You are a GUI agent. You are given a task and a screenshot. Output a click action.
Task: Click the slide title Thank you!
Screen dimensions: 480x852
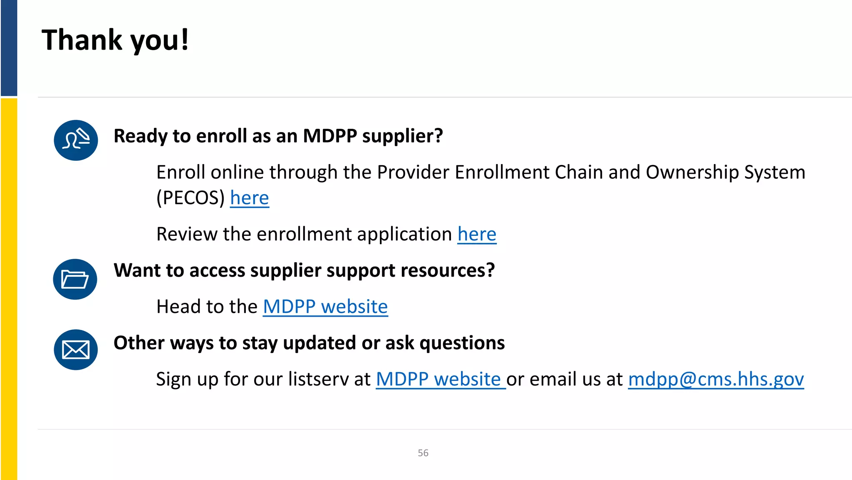(115, 40)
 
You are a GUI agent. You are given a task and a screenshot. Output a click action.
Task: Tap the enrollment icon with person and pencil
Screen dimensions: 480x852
(76, 140)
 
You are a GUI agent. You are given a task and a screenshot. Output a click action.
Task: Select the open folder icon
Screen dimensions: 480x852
(75, 279)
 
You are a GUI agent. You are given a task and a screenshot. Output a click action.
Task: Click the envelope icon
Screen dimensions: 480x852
(76, 350)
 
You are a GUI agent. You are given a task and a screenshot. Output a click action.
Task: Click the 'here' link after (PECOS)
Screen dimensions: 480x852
(250, 198)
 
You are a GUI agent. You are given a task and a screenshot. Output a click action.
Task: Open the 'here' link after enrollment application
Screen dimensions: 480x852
(477, 234)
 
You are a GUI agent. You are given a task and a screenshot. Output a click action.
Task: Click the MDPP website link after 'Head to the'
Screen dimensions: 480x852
(325, 307)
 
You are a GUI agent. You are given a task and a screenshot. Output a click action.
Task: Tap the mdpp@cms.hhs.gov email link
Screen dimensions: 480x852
(716, 379)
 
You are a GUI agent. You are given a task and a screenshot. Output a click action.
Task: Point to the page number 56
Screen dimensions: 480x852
(423, 453)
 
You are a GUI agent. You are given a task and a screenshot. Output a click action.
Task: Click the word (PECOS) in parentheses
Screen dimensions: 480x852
(191, 198)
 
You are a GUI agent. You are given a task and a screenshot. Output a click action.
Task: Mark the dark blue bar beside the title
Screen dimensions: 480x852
(9, 48)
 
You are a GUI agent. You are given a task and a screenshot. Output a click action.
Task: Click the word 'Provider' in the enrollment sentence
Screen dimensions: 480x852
(413, 172)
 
